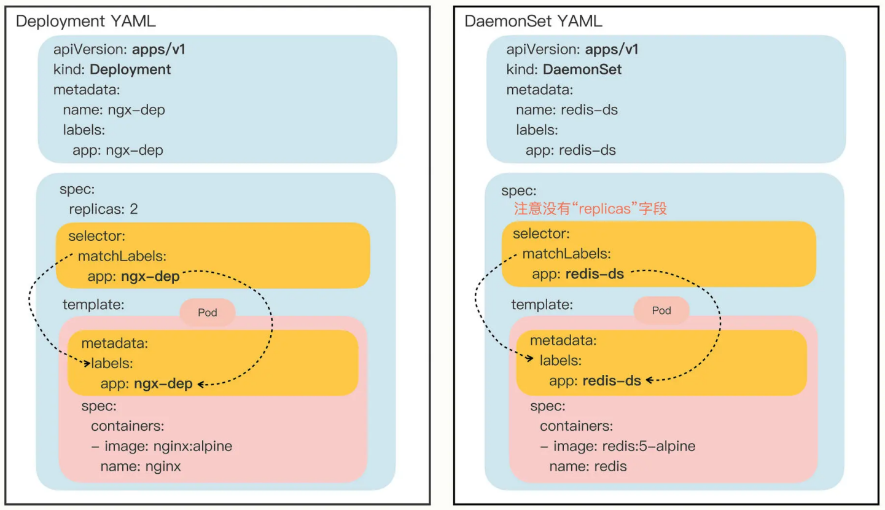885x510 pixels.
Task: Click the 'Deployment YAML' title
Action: click(86, 21)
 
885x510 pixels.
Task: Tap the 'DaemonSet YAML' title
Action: click(533, 21)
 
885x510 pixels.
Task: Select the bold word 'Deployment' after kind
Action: click(130, 69)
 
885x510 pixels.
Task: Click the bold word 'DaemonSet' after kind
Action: click(582, 69)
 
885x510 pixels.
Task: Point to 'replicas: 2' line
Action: click(104, 209)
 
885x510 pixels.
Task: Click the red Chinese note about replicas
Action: click(590, 208)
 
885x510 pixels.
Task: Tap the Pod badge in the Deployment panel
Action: click(208, 312)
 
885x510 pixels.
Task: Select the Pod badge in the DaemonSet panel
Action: click(661, 310)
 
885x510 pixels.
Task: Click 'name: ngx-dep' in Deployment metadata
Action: click(114, 110)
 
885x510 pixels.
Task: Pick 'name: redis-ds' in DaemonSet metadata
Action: click(567, 110)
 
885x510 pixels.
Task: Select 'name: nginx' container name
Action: click(141, 466)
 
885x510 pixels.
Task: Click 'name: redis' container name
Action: click(588, 466)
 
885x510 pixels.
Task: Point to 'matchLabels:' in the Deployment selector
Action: click(122, 256)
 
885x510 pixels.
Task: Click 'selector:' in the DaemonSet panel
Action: click(541, 233)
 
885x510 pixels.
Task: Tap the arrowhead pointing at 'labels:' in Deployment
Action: click(88, 363)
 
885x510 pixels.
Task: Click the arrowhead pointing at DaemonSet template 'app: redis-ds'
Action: click(649, 380)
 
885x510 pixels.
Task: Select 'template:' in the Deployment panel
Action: click(93, 304)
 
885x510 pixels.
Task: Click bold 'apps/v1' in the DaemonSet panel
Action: click(612, 49)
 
